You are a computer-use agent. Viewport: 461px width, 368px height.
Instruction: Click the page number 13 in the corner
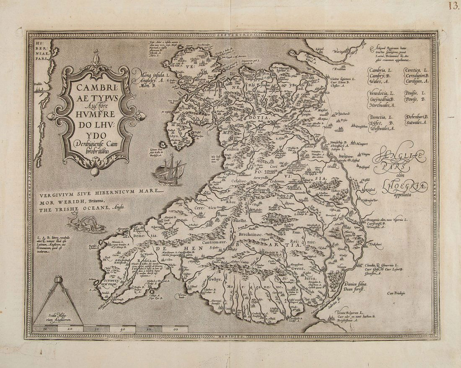coord(453,6)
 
